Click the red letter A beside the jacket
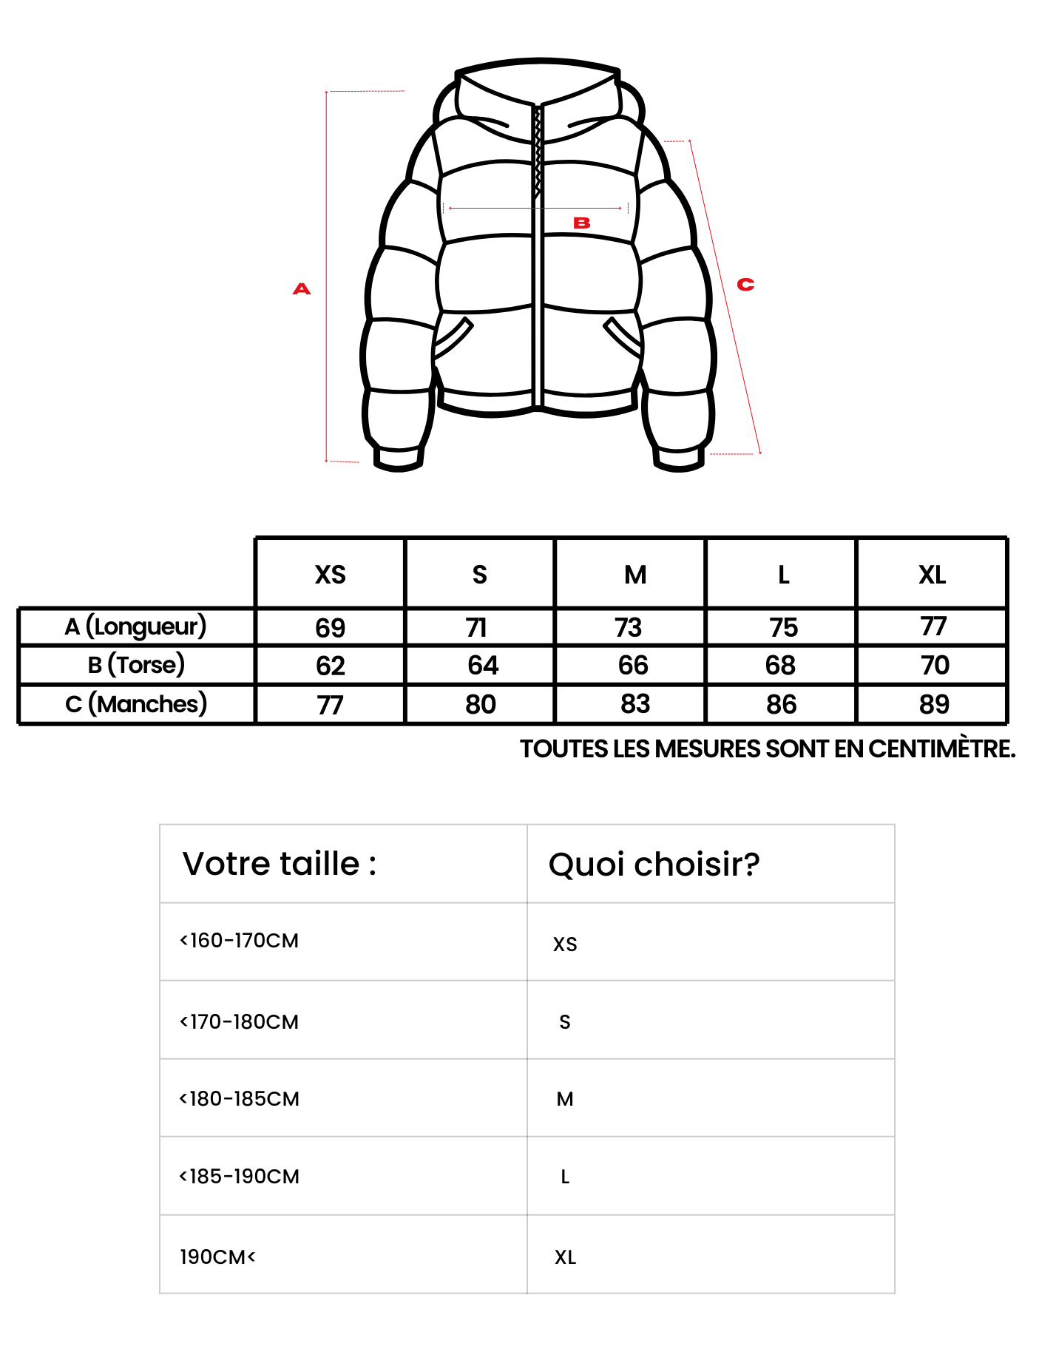302,288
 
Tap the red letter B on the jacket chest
582,223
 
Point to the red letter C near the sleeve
745,284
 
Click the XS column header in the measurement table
330,575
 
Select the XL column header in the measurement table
932,575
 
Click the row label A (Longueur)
135,627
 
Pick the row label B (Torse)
136,665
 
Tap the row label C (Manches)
136,704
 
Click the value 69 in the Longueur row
330,628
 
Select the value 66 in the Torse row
633,666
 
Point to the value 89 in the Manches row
934,704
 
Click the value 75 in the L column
783,628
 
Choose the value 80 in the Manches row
481,704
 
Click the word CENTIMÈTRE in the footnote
941,749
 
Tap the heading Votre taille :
280,864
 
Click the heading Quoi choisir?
654,864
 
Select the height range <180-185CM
240,1099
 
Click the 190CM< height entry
217,1257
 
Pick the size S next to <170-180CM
565,1022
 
